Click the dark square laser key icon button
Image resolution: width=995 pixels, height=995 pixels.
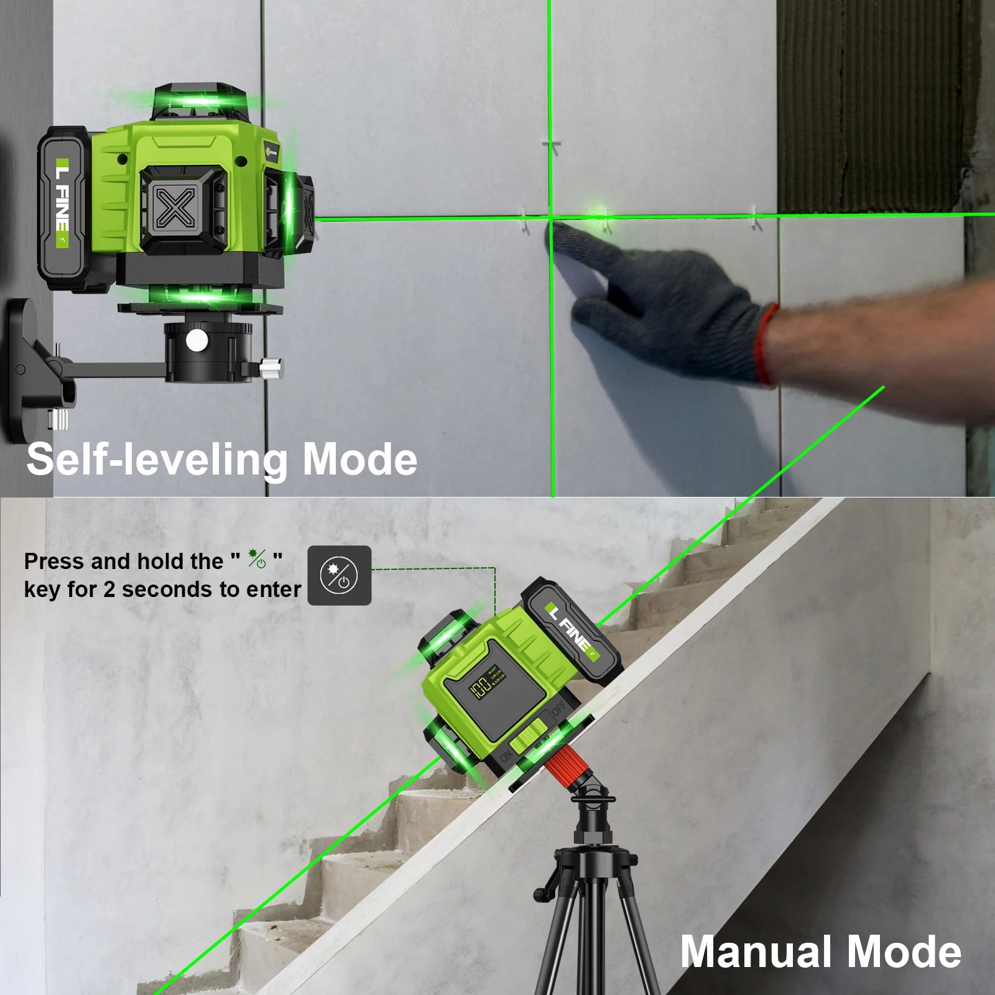[340, 575]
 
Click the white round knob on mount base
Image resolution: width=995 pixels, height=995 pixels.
[197, 340]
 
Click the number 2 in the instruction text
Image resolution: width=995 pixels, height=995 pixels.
[109, 590]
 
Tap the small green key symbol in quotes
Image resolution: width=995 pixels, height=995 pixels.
[257, 558]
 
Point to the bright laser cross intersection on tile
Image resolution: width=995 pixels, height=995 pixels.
[551, 217]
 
